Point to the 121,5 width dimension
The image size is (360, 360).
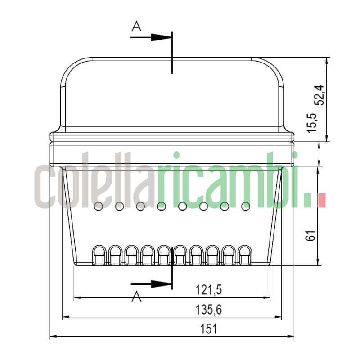pos(209,290)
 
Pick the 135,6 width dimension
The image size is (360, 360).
pos(209,310)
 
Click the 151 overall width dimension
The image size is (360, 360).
pos(209,329)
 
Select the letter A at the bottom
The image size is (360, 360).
pos(136,297)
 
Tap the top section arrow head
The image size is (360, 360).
pos(162,37)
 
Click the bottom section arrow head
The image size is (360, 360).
pos(162,283)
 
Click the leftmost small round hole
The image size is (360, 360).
pos(98,206)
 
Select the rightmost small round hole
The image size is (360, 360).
pos(246,206)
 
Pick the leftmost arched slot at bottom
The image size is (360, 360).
pos(99,255)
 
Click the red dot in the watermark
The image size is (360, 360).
pos(321,200)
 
